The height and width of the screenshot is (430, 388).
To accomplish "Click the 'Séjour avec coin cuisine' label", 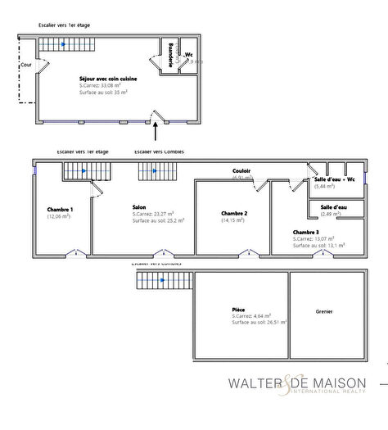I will tap(108, 79).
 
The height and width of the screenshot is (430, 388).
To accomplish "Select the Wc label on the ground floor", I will tap(189, 56).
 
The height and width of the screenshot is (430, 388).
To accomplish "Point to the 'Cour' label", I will tap(25, 62).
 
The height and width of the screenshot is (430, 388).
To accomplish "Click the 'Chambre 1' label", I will tap(60, 210).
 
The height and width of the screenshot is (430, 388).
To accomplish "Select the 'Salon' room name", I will tap(139, 207).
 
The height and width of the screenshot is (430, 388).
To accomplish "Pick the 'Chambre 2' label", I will tap(234, 213).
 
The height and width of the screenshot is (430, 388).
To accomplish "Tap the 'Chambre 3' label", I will tap(307, 232).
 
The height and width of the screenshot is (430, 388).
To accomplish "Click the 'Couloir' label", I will tap(241, 171).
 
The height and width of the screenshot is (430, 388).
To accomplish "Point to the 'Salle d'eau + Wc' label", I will tap(334, 179).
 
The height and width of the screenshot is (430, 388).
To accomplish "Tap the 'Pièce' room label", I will tap(239, 309).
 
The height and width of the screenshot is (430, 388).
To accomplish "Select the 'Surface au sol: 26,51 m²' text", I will tap(259, 322).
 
